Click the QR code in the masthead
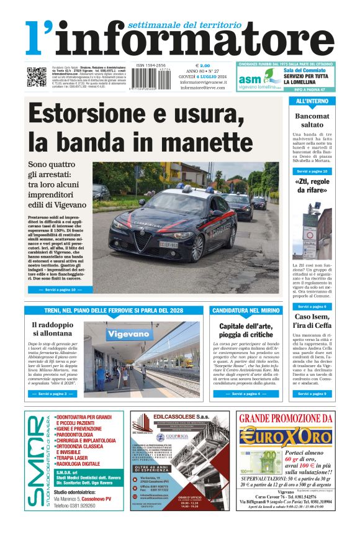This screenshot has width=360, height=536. pyautogui.click(x=36, y=78)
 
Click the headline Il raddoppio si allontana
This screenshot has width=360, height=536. pyautogui.click(x=52, y=329)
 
